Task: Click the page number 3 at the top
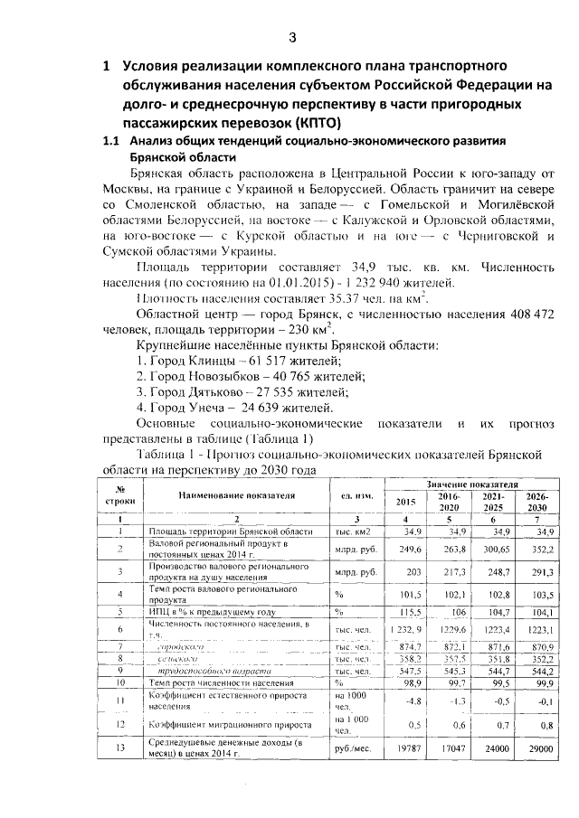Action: [291, 37]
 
